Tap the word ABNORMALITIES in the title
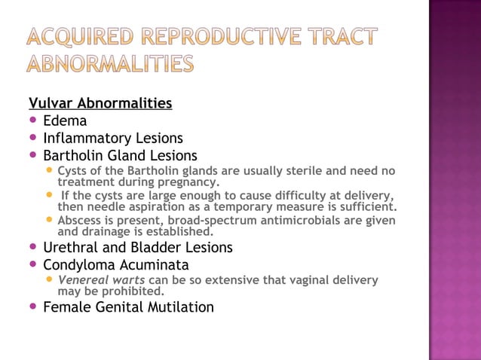[110, 65]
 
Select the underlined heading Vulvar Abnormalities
[100, 102]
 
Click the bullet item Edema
[65, 121]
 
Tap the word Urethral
[73, 248]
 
